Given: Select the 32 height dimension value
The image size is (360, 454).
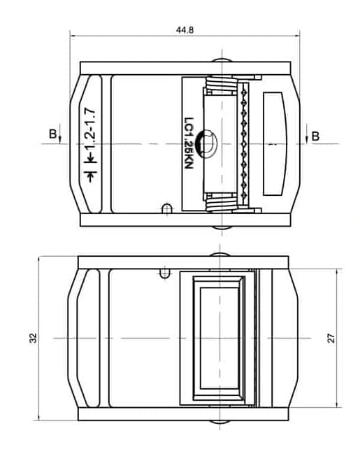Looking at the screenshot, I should click(x=32, y=338).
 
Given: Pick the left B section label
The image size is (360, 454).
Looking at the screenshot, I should click(x=51, y=134).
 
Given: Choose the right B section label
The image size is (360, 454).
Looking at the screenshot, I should click(x=315, y=135).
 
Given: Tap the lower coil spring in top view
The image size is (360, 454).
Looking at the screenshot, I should click(x=221, y=203).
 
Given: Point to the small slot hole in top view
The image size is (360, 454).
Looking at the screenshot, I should click(x=166, y=208).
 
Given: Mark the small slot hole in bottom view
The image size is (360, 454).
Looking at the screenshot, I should click(x=165, y=271).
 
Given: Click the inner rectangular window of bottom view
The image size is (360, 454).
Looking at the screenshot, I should click(x=218, y=338).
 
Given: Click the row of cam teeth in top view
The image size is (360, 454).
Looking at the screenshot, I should click(x=244, y=143).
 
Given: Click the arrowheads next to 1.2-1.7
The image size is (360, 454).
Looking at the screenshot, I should click(x=89, y=176).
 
